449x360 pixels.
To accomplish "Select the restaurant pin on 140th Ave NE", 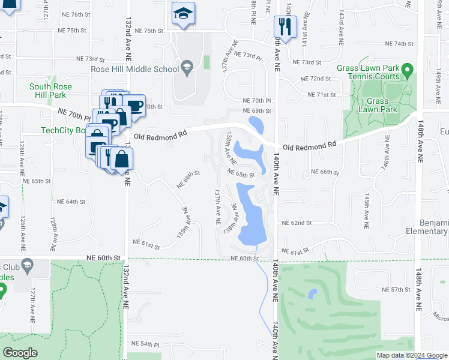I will (284, 26).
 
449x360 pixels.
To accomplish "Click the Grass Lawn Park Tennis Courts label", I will (369, 72).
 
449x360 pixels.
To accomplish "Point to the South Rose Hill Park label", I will (50, 91).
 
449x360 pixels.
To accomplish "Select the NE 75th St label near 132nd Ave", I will (149, 31).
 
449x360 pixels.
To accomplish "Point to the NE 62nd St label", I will (297, 223).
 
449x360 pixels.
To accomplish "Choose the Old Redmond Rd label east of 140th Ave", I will (310, 146).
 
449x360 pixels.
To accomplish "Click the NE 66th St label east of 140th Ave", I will (325, 172).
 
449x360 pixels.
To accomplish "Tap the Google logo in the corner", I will (20, 353).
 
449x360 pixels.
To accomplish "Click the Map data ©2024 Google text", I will (412, 355).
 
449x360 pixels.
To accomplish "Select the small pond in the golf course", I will (312, 293).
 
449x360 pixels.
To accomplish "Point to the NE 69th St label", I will (258, 111).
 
